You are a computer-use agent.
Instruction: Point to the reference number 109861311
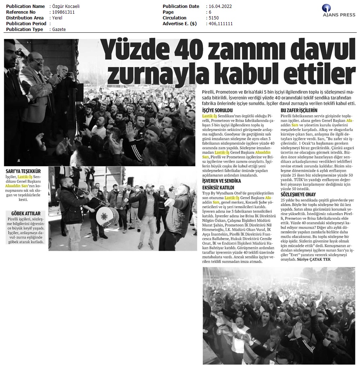[64, 12]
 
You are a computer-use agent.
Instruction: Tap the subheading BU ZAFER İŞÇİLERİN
[299, 110]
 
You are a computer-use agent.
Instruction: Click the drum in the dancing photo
[107, 217]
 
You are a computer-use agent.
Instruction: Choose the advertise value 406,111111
[220, 24]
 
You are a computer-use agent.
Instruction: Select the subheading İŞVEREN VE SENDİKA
[221, 181]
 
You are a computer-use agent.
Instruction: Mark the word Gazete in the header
[59, 30]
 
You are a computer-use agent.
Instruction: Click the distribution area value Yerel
[57, 18]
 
